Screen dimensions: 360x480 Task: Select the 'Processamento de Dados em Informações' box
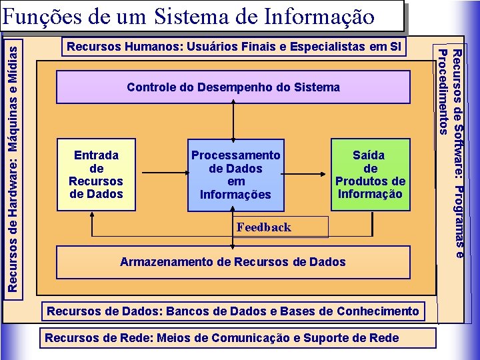click(x=235, y=175)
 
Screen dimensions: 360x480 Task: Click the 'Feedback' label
click(x=264, y=227)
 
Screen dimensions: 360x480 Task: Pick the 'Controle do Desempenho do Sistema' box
click(x=233, y=87)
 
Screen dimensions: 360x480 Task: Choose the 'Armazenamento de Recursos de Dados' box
click(x=233, y=262)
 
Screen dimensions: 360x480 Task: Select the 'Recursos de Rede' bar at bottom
click(x=222, y=337)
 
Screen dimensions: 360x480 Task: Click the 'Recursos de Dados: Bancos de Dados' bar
click(x=233, y=311)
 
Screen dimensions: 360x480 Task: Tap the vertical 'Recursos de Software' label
click(x=457, y=153)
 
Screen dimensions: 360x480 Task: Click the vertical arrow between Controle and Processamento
click(x=233, y=121)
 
